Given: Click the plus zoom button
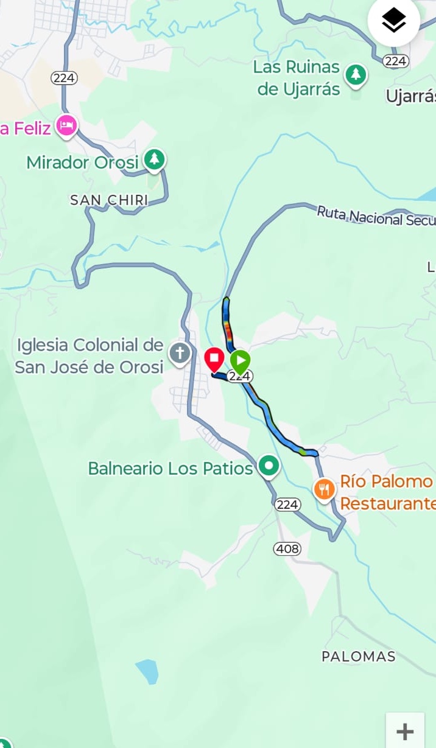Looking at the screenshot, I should (x=405, y=731).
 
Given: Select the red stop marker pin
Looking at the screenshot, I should (x=214, y=359).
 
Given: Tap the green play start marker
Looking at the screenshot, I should (x=241, y=362).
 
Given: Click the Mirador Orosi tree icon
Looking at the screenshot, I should (x=155, y=160).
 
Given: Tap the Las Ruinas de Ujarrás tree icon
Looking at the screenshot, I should (x=356, y=75).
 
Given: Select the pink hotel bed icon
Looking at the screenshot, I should (x=66, y=126).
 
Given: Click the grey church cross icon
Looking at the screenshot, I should (x=180, y=354).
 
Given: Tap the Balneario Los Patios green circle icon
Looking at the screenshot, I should (x=269, y=466).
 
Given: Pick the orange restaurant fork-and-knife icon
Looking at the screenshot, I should (x=325, y=489).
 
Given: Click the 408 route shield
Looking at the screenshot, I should (x=287, y=549).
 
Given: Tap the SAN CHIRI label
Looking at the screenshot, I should (x=109, y=200).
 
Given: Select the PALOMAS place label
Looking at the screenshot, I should (x=359, y=657).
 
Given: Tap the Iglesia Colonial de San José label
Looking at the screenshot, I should (x=90, y=356).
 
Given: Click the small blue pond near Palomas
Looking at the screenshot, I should (x=147, y=671).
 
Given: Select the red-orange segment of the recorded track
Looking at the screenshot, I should (x=228, y=332).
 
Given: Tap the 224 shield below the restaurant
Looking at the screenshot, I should (x=287, y=505).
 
